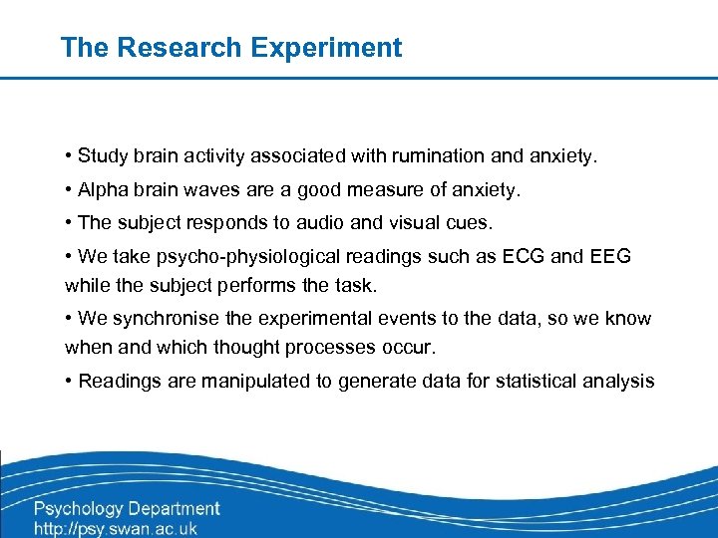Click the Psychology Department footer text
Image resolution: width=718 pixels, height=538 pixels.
pyautogui.click(x=127, y=509)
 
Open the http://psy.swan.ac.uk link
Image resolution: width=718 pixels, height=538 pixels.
pyautogui.click(x=116, y=529)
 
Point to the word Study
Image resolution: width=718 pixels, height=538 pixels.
pyautogui.click(x=102, y=155)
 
